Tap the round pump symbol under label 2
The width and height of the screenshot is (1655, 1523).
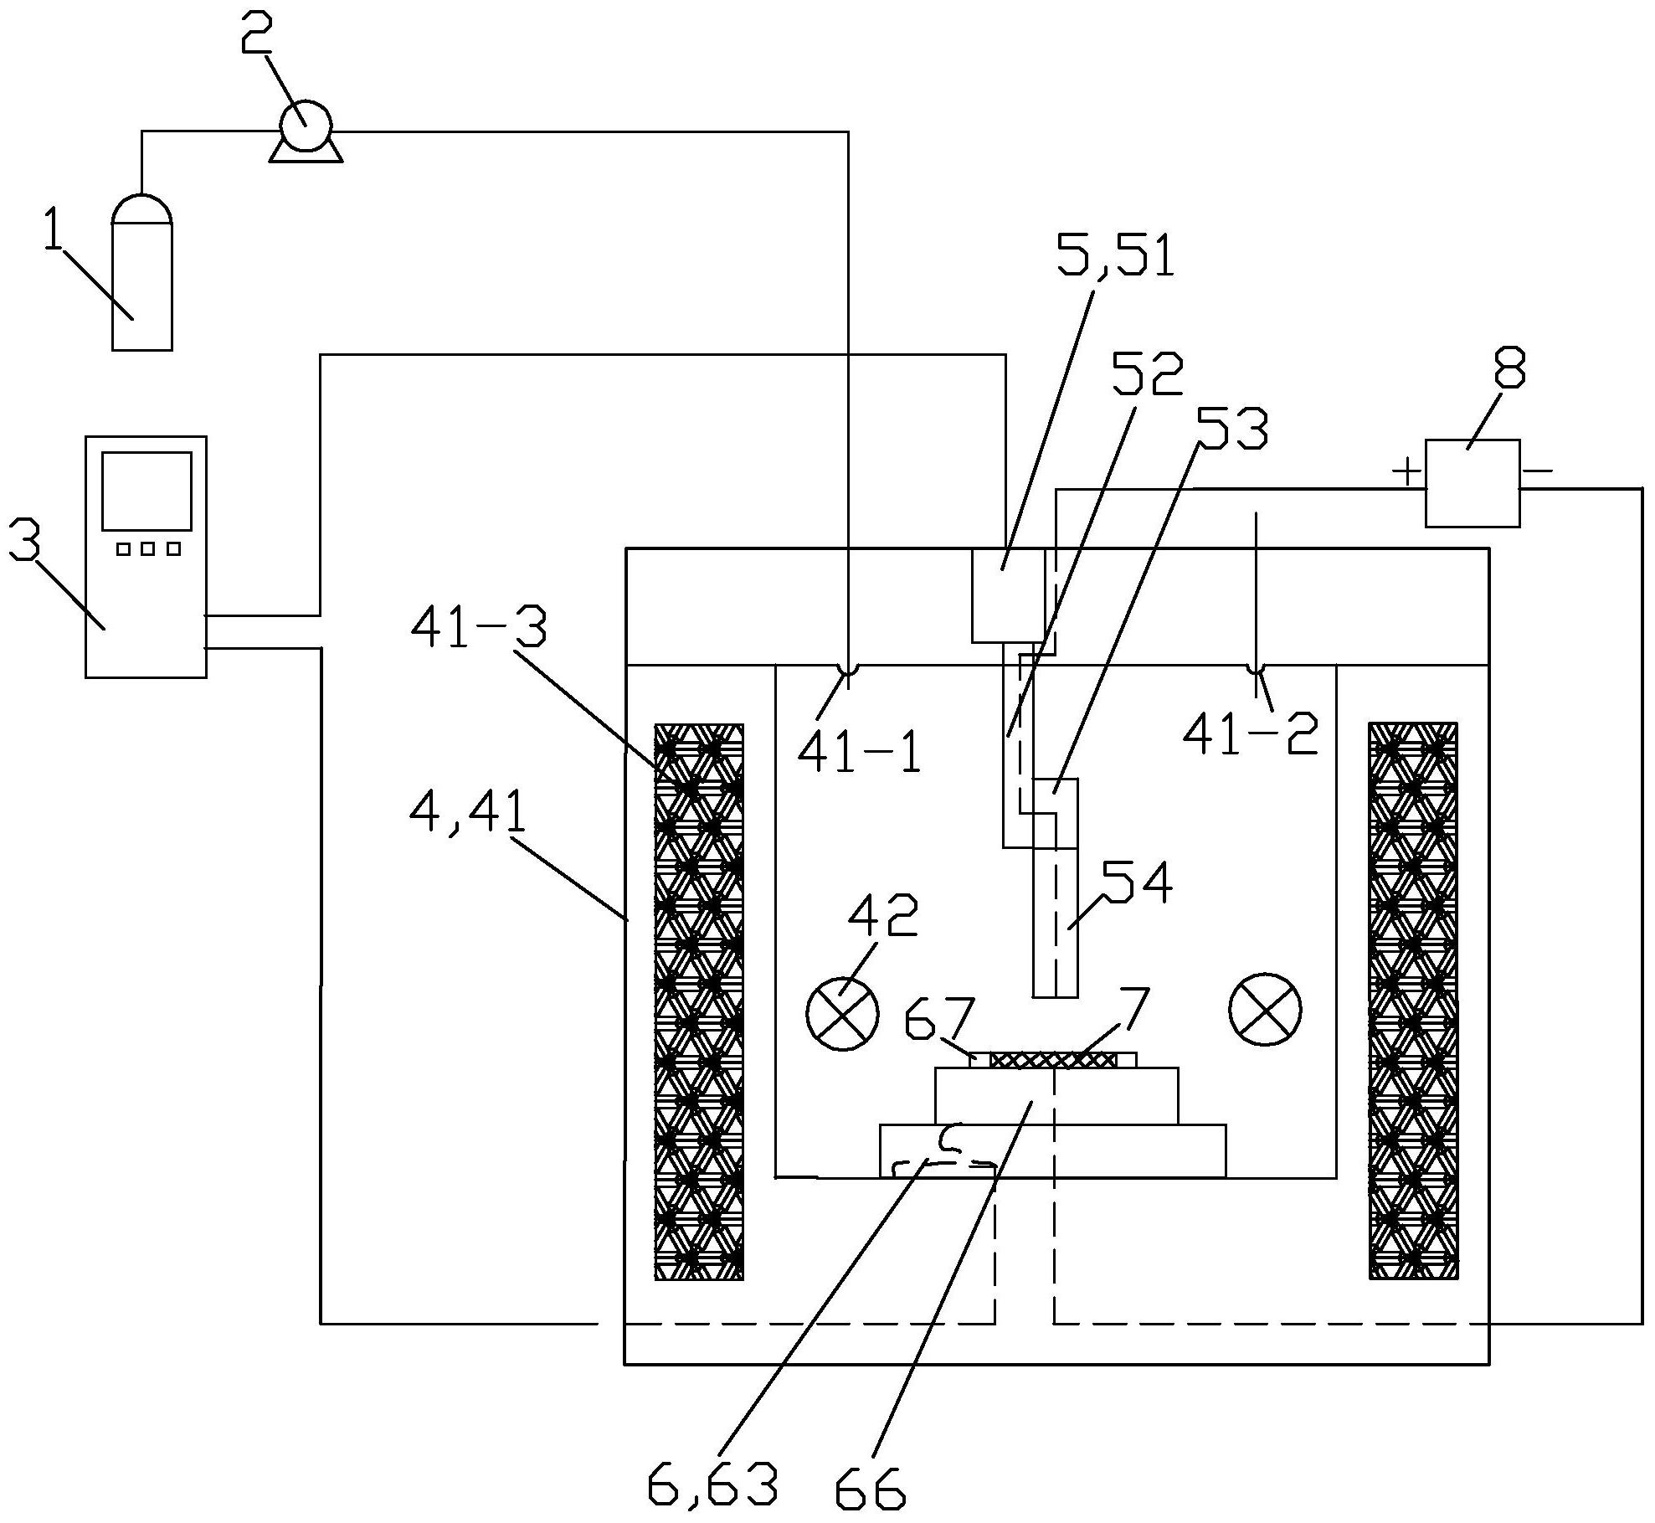point(306,126)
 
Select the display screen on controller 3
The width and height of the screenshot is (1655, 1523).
point(146,491)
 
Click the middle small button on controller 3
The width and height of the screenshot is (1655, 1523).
point(148,549)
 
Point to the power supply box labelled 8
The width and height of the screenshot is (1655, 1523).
point(1472,484)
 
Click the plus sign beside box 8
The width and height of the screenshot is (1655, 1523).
point(1407,472)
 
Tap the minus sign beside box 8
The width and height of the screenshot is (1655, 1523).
point(1537,471)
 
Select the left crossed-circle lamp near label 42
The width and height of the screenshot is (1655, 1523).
point(842,1012)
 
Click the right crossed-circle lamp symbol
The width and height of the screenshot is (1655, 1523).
point(1265,1011)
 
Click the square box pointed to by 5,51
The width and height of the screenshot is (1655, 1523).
point(1008,595)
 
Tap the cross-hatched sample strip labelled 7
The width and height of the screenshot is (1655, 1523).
point(1053,1061)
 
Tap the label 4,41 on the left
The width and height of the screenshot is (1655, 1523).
point(468,811)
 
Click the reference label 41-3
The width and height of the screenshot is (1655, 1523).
point(478,628)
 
